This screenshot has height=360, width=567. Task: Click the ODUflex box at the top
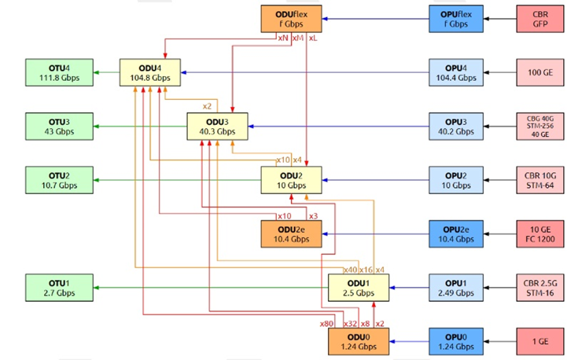click(291, 18)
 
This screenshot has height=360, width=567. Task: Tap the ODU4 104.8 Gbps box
click(150, 72)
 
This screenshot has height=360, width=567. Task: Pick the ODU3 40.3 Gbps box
click(216, 126)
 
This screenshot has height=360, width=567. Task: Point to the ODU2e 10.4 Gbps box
click(291, 233)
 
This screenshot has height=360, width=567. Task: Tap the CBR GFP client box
click(539, 18)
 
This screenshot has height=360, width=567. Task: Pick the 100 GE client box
click(539, 72)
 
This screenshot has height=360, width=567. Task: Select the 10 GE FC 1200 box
click(539, 233)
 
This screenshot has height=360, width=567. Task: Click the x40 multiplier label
click(350, 270)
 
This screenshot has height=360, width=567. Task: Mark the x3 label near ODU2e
click(313, 215)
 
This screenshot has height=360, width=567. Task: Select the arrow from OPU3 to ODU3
click(338, 126)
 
